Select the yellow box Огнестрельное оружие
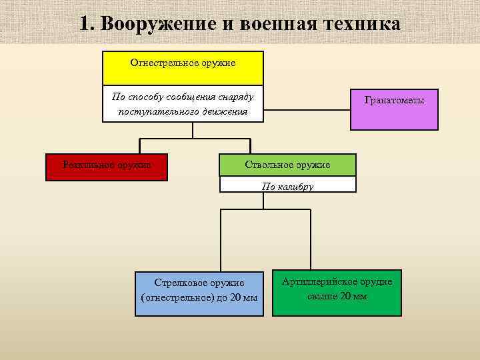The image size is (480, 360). pyautogui.click(x=183, y=68)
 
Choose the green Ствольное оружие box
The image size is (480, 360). pyautogui.click(x=287, y=164)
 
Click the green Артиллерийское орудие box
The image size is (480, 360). pyautogui.click(x=337, y=292)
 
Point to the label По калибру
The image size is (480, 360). pyautogui.click(x=287, y=187)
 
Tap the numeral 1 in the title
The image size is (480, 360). pyautogui.click(x=84, y=23)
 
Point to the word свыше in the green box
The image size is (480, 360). pyautogui.click(x=323, y=296)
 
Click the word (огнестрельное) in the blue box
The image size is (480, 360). pyautogui.click(x=177, y=297)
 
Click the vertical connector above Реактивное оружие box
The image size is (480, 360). pyautogui.click(x=139, y=146)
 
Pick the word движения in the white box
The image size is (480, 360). pyautogui.click(x=225, y=111)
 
